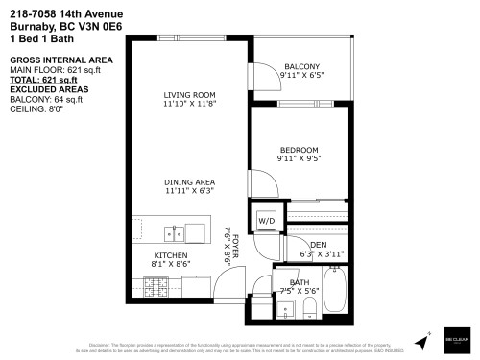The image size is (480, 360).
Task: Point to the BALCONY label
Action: point(300,65)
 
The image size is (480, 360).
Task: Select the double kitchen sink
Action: point(175,231)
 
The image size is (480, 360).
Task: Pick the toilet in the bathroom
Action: point(309,308)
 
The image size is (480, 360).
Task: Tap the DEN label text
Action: point(318,246)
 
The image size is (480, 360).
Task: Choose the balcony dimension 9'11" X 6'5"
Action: point(300,74)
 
